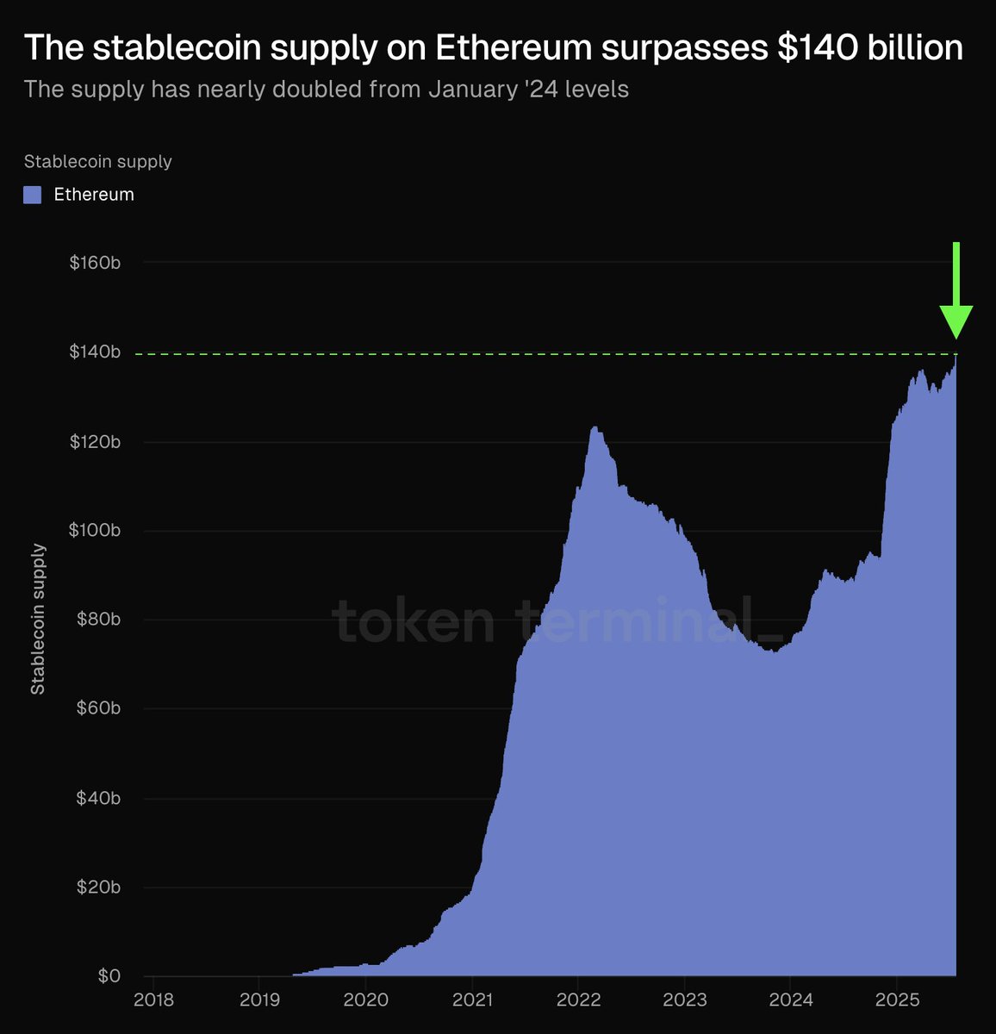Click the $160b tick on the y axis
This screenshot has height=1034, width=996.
95,262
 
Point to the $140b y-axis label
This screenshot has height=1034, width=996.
95,352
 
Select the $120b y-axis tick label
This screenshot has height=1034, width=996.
95,442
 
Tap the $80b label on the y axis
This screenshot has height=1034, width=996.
95,620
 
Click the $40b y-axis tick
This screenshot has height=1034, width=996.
95,798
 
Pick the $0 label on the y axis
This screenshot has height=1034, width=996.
109,976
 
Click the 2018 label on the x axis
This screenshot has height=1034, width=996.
153,1000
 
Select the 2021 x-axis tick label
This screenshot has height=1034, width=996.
472,1000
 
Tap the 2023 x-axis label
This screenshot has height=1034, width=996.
685,1000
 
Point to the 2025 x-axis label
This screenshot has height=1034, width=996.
897,1000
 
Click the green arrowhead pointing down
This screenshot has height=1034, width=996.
956,322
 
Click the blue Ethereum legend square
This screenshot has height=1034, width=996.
33,195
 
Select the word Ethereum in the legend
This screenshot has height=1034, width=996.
94,195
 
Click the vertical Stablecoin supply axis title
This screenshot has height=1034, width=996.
38,619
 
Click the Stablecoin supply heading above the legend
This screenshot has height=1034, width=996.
98,161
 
